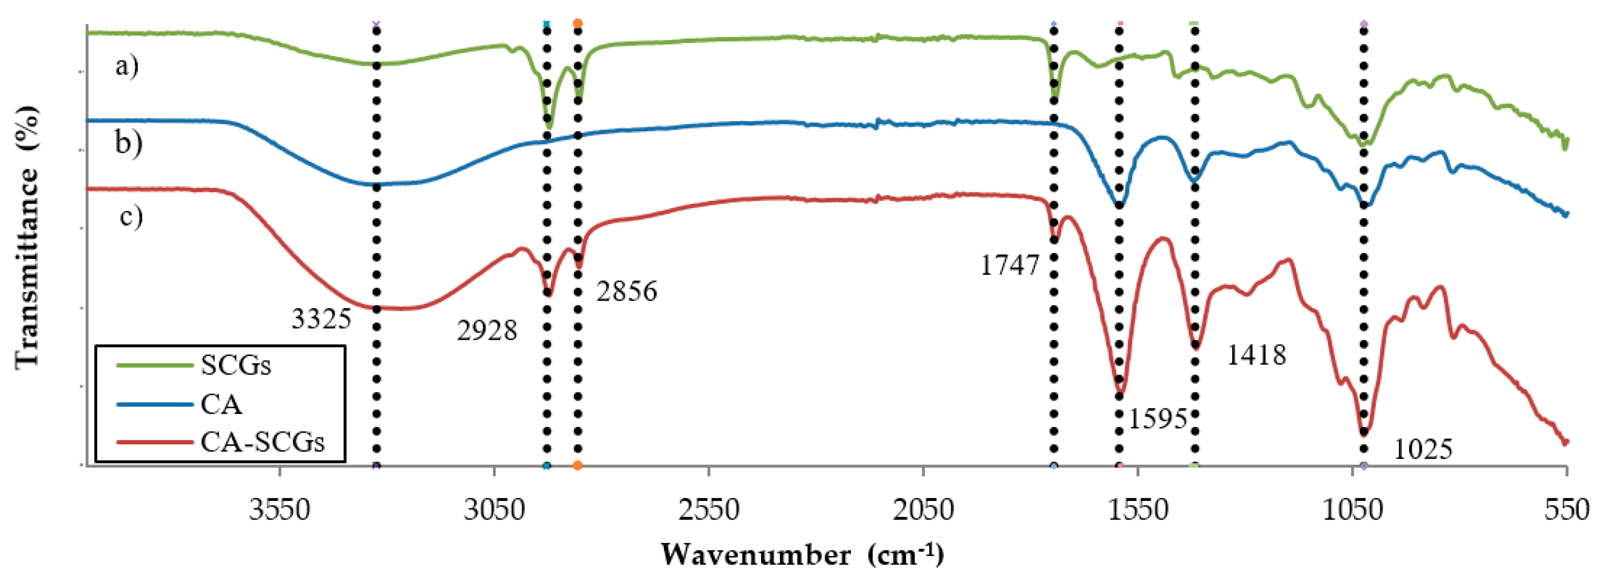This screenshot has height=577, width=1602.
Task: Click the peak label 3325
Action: pyautogui.click(x=321, y=319)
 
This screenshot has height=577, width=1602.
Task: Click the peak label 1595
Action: pyautogui.click(x=1158, y=420)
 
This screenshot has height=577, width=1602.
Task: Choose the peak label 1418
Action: pyautogui.click(x=1256, y=355)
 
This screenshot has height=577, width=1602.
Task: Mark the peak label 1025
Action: pyautogui.click(x=1423, y=449)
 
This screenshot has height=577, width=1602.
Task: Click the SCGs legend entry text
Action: pyautogui.click(x=236, y=366)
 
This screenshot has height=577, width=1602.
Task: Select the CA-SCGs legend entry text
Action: pyautogui.click(x=262, y=443)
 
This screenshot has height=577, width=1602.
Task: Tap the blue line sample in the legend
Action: pyautogui.click(x=154, y=405)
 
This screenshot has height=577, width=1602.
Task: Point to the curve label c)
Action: pyautogui.click(x=130, y=217)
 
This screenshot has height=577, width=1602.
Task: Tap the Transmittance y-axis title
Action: pyautogui.click(x=26, y=236)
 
